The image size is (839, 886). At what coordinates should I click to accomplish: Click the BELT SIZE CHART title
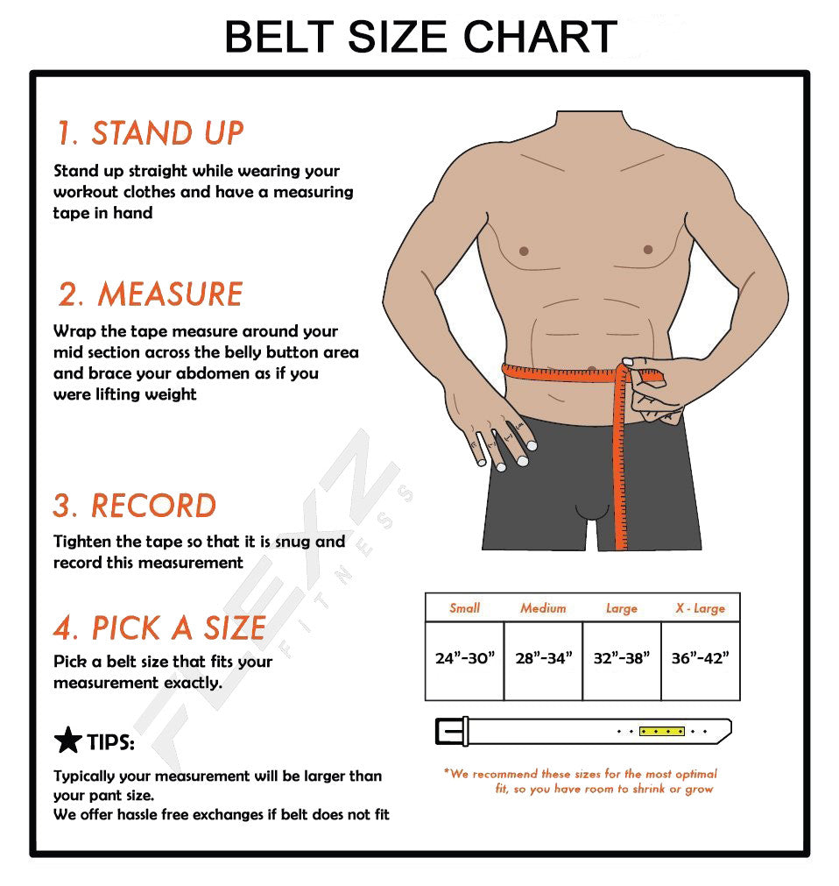click(420, 37)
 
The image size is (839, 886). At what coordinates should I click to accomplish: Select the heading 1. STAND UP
click(150, 133)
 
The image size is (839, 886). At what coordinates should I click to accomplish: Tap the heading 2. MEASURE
click(150, 294)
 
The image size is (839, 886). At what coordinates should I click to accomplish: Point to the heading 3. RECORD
click(135, 505)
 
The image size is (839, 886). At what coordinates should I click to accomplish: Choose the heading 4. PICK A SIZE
click(159, 627)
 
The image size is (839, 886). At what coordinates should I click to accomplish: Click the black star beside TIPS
click(67, 741)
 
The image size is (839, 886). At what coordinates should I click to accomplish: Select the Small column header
click(465, 608)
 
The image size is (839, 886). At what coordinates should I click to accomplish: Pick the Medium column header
click(543, 608)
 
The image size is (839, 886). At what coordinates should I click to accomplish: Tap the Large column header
click(622, 608)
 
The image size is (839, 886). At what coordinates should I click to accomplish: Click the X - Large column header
click(700, 608)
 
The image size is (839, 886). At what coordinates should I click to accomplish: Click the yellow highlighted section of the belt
click(662, 731)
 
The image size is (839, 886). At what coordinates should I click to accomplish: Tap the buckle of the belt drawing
click(452, 731)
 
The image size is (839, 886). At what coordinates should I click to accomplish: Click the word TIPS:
click(110, 741)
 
